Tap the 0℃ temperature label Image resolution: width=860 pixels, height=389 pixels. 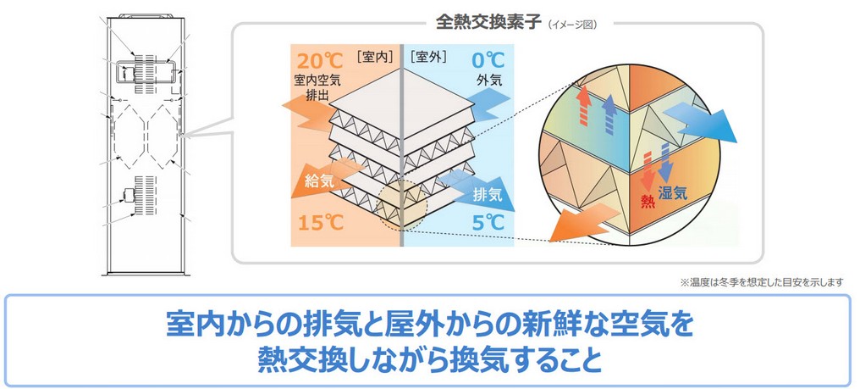click(x=488, y=60)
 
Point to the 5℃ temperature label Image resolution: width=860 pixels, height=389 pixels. click(x=488, y=223)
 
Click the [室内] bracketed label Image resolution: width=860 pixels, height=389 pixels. click(x=375, y=56)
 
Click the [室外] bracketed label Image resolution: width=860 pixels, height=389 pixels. click(x=427, y=56)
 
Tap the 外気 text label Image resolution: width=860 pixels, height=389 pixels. click(x=488, y=81)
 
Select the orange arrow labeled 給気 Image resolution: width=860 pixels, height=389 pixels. click(x=323, y=180)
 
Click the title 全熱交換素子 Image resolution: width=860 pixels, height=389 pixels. click(x=484, y=23)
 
